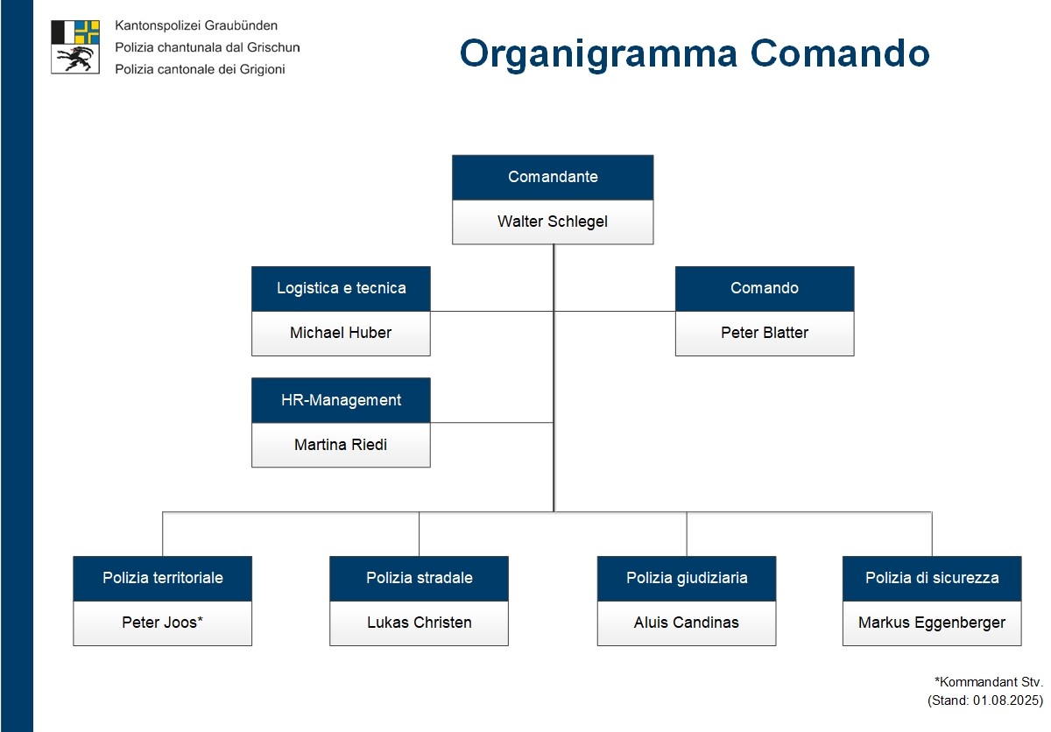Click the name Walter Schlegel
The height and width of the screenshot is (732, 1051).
[x=553, y=222]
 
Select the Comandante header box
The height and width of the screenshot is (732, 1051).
[x=553, y=177]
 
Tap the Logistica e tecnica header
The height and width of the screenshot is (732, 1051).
[x=341, y=288]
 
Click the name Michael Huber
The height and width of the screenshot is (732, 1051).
[x=341, y=333]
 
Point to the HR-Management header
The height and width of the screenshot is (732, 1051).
[x=341, y=400]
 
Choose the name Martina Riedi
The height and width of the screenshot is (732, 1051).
[x=341, y=445]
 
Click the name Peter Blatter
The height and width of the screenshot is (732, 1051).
[x=764, y=333]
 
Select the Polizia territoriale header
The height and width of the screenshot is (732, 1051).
[x=162, y=578]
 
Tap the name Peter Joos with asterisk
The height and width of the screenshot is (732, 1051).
[x=162, y=623]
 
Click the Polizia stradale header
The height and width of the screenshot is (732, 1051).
[x=419, y=578]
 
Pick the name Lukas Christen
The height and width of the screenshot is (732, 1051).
[x=419, y=623]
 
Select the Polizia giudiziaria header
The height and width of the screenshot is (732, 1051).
[x=687, y=578]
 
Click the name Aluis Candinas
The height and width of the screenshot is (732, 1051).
[x=687, y=623]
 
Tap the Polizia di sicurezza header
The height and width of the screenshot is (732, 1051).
[x=932, y=578]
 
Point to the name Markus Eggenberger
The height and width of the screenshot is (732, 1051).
[x=932, y=623]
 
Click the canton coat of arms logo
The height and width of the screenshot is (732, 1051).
[x=75, y=46]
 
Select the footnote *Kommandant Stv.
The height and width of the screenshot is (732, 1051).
[x=989, y=680]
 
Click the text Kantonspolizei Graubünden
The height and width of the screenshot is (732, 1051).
[x=196, y=26]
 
